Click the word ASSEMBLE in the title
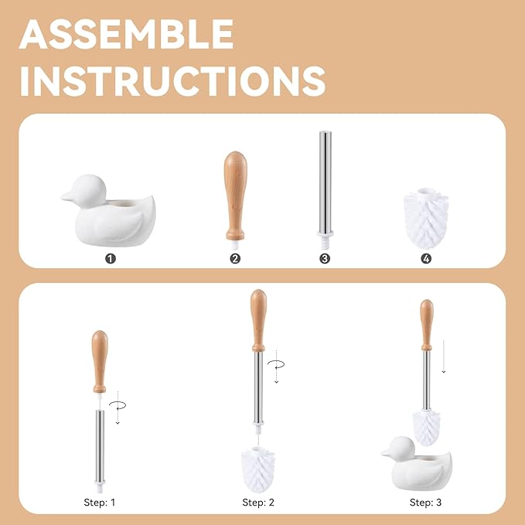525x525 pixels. tap(127, 34)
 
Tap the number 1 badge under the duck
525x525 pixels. tap(111, 258)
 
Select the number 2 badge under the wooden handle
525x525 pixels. tap(235, 258)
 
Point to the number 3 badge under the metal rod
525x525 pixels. tap(325, 258)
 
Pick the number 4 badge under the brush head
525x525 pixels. tap(426, 258)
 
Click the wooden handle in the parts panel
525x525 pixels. tap(234, 193)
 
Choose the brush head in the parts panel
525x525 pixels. tap(426, 216)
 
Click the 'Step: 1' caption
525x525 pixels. tap(100, 502)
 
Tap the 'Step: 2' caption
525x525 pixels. tap(258, 502)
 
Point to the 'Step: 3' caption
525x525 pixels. tap(425, 502)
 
